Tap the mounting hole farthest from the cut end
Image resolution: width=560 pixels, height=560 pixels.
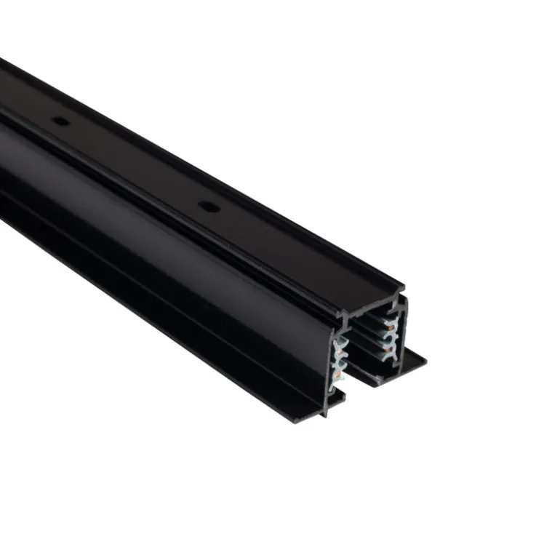pyautogui.click(x=61, y=120)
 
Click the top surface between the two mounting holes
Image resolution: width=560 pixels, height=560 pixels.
pyautogui.click(x=135, y=164)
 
